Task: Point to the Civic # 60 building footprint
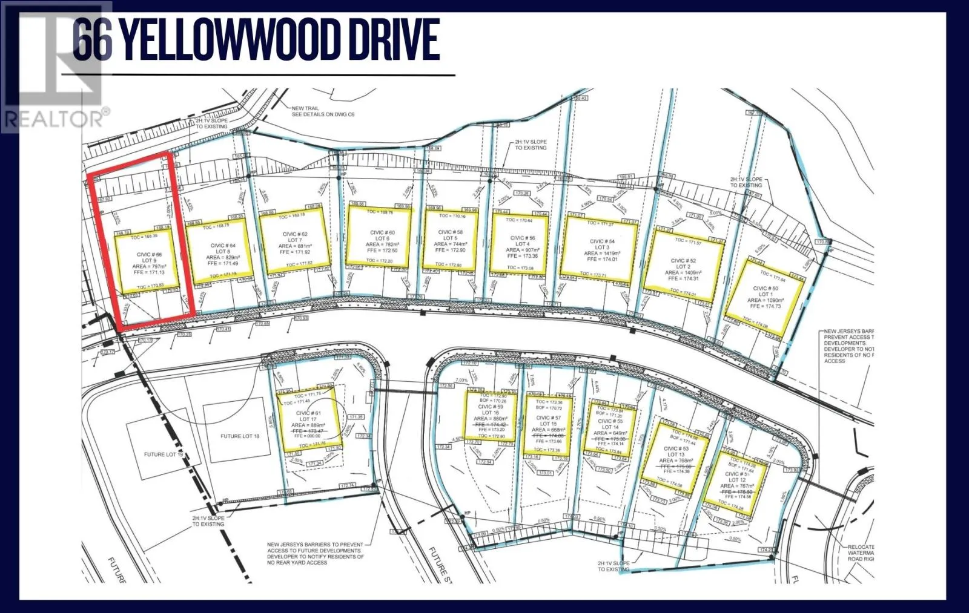[382, 238]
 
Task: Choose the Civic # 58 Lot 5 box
[450, 240]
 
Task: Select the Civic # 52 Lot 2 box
[683, 261]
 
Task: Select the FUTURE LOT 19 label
[163, 454]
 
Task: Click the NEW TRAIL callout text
[314, 111]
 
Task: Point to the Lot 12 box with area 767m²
[736, 485]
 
